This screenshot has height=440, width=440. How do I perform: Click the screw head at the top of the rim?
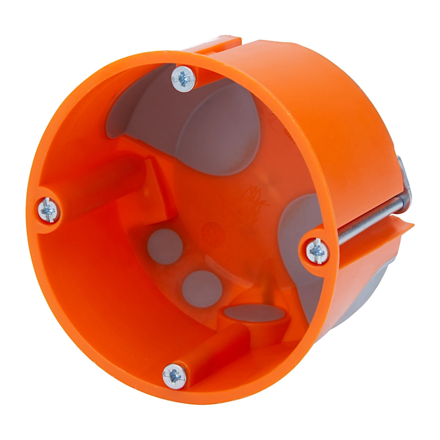click(183, 78)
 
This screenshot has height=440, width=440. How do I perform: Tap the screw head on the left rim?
click(48, 210)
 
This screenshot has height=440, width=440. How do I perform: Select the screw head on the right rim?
click(318, 251)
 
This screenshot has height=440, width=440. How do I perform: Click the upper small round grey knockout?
click(165, 246)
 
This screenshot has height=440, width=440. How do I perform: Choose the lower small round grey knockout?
click(202, 288)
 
